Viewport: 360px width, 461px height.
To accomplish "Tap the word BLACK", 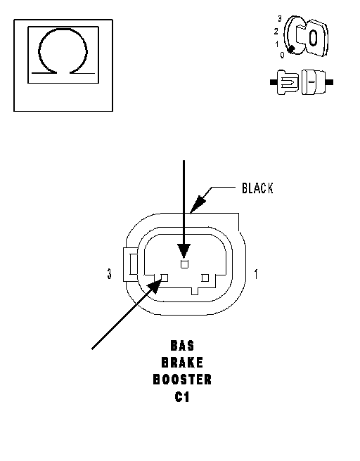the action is [x=257, y=188].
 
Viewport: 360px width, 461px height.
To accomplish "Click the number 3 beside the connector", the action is [x=110, y=274].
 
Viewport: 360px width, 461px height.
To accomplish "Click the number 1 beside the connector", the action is [x=256, y=274].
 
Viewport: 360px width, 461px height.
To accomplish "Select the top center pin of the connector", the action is [x=184, y=264].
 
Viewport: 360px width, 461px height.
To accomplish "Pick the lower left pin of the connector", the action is [x=164, y=278].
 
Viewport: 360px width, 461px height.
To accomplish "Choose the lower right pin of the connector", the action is [x=205, y=278].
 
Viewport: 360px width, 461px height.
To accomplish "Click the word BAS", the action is [x=182, y=346].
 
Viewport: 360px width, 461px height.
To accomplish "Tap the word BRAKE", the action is [x=182, y=363].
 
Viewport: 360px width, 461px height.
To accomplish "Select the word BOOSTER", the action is [x=182, y=379].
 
